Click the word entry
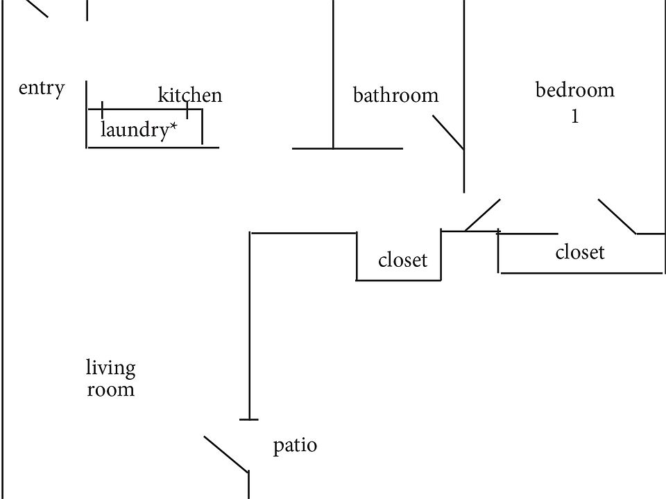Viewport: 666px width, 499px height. click(x=42, y=89)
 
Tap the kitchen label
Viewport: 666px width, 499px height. click(x=190, y=95)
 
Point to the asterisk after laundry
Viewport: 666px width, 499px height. click(x=173, y=126)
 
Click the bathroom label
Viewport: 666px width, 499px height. click(x=396, y=95)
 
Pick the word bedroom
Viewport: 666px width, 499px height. click(x=574, y=90)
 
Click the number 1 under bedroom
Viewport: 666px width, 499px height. click(x=574, y=116)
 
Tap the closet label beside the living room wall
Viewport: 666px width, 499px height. click(x=402, y=260)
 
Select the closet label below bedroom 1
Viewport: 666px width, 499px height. click(x=580, y=252)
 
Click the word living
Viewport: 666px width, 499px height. click(x=111, y=368)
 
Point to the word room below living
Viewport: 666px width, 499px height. click(x=111, y=389)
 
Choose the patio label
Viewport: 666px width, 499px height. click(x=295, y=446)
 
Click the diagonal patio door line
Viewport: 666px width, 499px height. click(x=226, y=454)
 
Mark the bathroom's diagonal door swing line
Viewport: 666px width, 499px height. click(x=448, y=132)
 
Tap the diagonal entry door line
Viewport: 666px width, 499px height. click(x=33, y=8)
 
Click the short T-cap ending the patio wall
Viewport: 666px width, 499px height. click(x=249, y=420)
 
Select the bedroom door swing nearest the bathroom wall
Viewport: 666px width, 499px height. click(x=483, y=215)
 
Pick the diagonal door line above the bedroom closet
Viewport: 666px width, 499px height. click(x=617, y=216)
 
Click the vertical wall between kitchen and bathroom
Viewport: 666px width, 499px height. click(x=334, y=74)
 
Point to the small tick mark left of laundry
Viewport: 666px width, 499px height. click(x=103, y=110)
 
